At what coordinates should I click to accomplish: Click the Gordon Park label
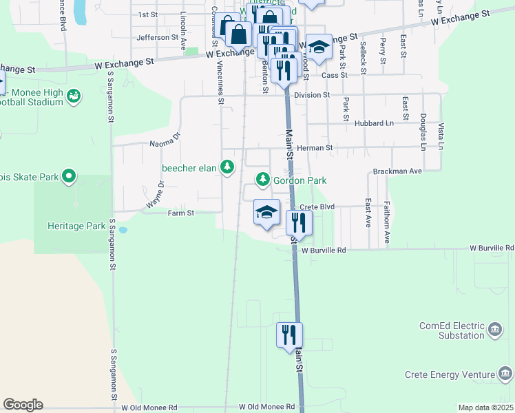coord(299,180)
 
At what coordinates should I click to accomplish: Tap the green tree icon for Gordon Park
coord(262,180)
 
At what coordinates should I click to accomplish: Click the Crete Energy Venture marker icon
coord(506,374)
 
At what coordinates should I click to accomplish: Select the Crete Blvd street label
coord(317,206)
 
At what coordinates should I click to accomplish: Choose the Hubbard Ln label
coord(374,123)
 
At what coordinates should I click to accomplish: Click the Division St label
coord(312,95)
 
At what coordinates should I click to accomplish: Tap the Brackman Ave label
coord(397,171)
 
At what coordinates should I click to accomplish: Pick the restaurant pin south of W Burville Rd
coord(289,335)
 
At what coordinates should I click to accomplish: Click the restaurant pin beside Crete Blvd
coord(299,222)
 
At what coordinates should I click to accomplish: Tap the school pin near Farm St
coord(266,212)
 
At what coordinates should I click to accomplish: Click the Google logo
coord(23,405)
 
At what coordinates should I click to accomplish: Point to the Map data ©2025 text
coord(485,408)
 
